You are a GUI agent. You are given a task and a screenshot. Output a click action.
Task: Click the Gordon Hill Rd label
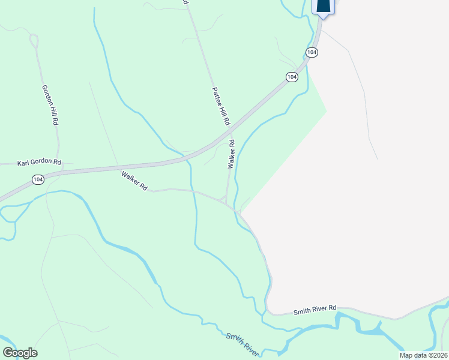pos(50,104)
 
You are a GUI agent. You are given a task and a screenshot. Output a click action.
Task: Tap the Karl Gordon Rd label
pos(40,162)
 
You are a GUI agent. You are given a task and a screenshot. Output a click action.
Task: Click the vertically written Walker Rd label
pos(230,155)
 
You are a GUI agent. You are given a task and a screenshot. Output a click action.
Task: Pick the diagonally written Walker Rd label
pos(134,181)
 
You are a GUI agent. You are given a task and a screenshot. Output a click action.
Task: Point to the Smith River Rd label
pos(315,310)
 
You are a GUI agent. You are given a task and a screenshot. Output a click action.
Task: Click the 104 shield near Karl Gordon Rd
pos(38,179)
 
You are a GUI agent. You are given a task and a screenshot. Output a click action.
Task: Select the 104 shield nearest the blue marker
pos(312,53)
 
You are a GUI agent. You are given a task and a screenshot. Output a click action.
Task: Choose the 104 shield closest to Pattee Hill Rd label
pos(291,77)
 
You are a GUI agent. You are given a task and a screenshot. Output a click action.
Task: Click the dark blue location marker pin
pos(323,6)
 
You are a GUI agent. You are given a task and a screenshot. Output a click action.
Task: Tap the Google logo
pos(20,353)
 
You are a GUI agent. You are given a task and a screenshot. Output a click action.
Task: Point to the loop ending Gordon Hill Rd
pos(34,41)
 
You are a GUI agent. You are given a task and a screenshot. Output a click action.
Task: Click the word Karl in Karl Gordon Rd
pos(23,162)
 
